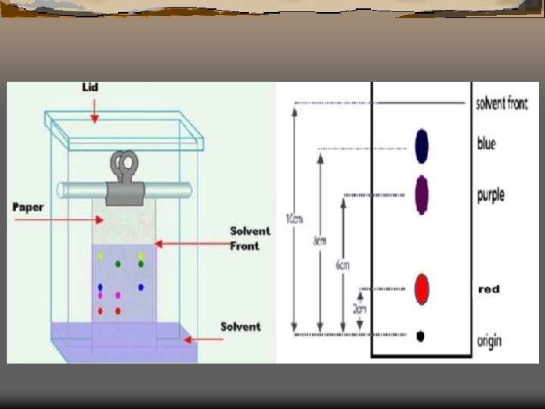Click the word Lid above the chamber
pos(90,88)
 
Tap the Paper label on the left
pos(28,207)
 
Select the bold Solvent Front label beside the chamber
pos(250,238)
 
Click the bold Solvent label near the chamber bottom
pos(240,326)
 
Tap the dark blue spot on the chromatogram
pos(422,145)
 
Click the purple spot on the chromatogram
pos(422,194)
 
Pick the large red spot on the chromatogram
pos(422,289)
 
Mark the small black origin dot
pos(420,336)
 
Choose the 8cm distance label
pos(320,242)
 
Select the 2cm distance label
pos(360,309)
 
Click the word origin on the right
pos(489,342)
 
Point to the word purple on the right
pos(490,195)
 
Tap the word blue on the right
pos(487,142)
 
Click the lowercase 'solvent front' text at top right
pos(502,104)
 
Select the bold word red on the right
pos(489,289)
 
